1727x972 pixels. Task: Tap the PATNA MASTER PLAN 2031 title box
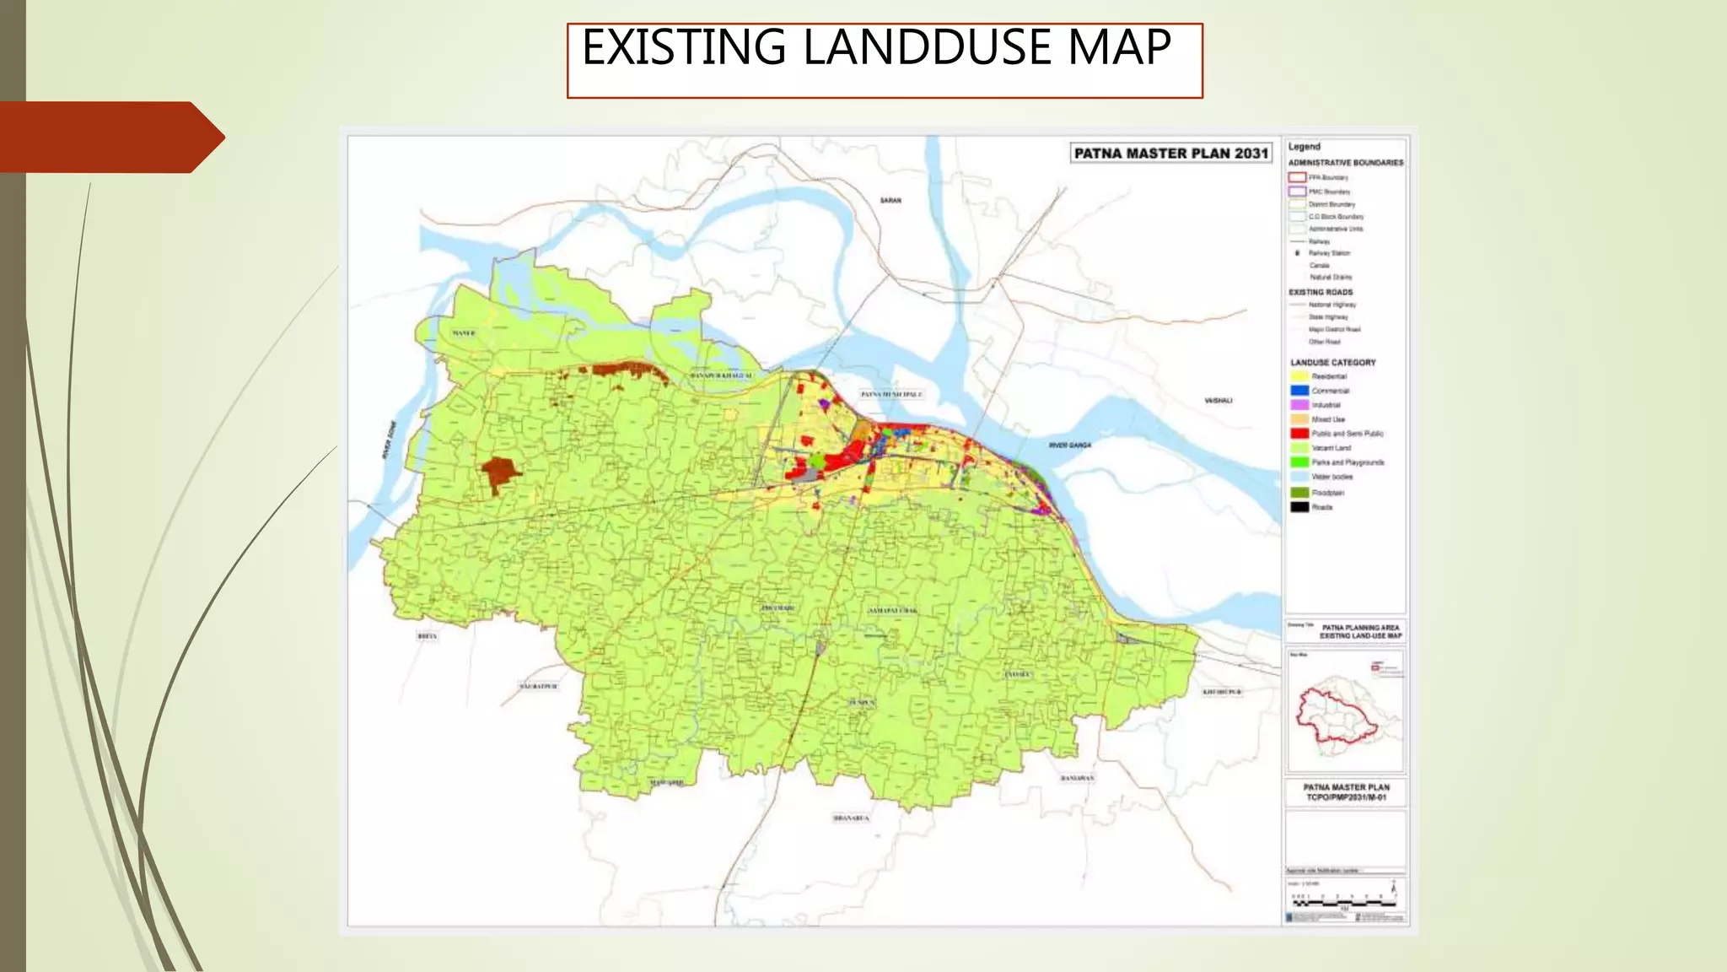tap(1170, 154)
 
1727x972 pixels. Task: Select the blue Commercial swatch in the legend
tap(1299, 391)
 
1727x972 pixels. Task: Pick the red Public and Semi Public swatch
tap(1299, 434)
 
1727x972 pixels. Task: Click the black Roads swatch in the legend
tap(1299, 507)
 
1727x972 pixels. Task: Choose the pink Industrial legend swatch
tap(1299, 405)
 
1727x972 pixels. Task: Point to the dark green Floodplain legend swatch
tap(1299, 493)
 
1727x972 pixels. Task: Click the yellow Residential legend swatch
tap(1299, 376)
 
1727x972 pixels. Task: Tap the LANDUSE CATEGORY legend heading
tap(1332, 363)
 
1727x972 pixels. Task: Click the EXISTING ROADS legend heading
tap(1321, 292)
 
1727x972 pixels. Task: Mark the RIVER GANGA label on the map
tap(1069, 445)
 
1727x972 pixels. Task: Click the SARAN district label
tap(890, 201)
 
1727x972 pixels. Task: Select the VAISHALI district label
tap(1219, 401)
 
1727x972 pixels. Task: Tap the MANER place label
tap(464, 333)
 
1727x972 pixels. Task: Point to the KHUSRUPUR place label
tap(1222, 692)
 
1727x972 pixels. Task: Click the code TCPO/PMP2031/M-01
tap(1346, 797)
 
